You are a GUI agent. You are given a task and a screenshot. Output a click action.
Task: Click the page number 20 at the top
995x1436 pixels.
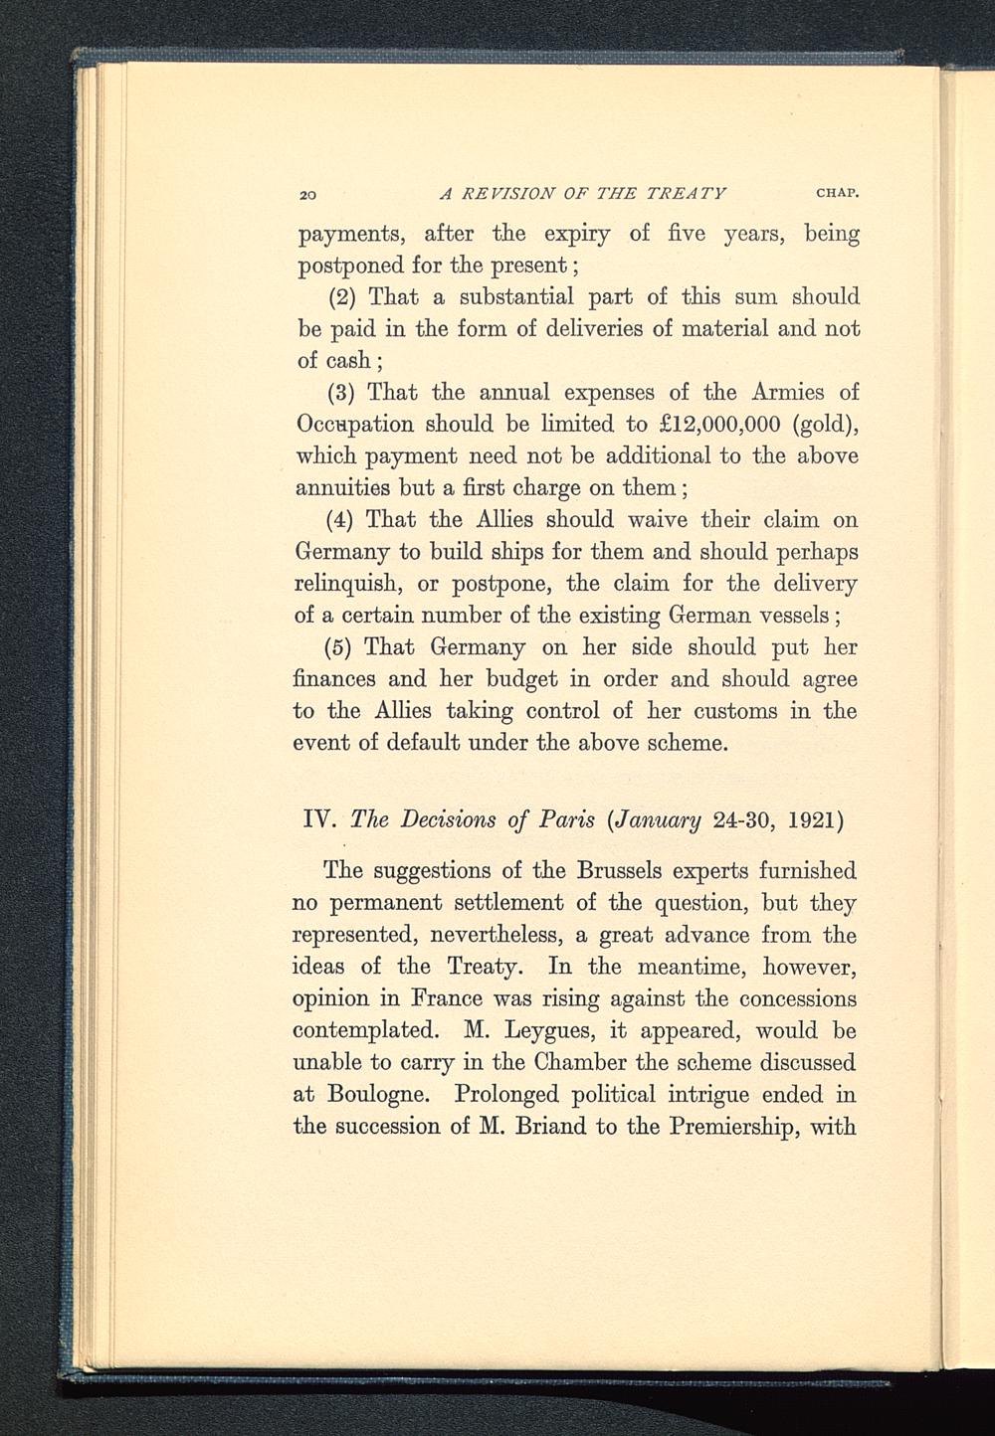pos(307,193)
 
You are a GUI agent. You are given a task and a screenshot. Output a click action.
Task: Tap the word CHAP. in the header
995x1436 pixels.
pos(836,192)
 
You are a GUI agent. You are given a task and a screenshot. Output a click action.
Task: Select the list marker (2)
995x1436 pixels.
pos(343,297)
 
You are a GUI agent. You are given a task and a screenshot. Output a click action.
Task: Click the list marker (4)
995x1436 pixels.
pos(343,520)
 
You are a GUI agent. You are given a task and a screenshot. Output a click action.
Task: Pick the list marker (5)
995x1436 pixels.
pos(343,647)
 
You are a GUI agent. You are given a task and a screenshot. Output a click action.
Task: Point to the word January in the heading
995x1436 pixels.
pos(666,823)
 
